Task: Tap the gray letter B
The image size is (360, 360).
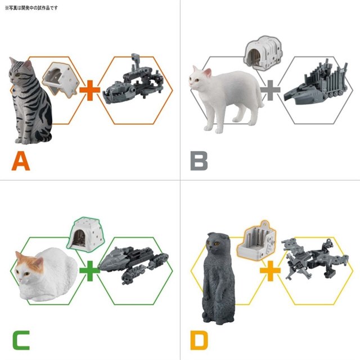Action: point(199,161)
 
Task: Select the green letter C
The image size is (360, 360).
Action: point(21,340)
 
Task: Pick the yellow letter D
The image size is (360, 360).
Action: point(199,340)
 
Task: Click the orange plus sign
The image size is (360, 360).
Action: point(90,90)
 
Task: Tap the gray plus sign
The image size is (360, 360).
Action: point(270,90)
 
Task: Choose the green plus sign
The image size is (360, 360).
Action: point(90,271)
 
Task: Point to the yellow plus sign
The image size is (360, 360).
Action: point(270,271)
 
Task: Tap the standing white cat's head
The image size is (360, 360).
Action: point(199,79)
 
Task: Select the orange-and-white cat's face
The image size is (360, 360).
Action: point(27,268)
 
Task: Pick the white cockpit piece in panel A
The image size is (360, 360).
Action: point(60,79)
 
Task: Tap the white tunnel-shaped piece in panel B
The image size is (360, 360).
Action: point(263,52)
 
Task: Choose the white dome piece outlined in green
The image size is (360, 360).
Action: point(86,234)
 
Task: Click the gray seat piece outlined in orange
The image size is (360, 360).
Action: point(256,241)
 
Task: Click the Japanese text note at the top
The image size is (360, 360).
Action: point(31,8)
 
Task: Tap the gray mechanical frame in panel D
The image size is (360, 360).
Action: point(314,258)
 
